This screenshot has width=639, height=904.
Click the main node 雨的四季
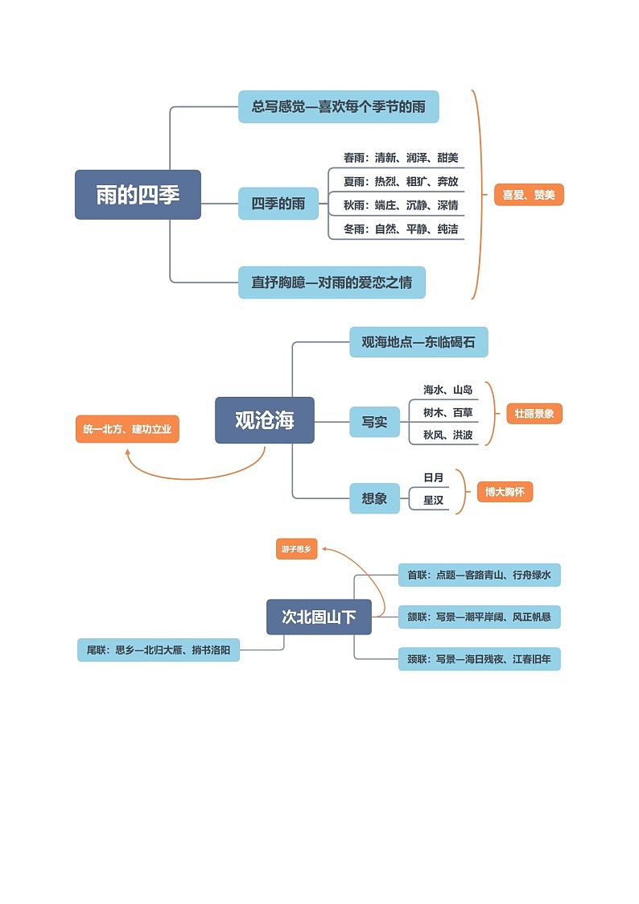(138, 195)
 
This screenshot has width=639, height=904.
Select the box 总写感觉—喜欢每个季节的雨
(338, 107)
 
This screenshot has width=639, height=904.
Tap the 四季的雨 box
(278, 204)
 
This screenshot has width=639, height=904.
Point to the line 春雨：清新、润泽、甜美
(400, 158)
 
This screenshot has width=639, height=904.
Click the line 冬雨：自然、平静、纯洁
(400, 229)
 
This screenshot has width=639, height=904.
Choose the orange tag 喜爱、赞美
(528, 195)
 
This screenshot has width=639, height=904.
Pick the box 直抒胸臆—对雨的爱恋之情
(332, 283)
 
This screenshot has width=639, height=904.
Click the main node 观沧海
(264, 420)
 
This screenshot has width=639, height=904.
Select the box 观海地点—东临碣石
(418, 342)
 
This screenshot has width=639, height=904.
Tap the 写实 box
(374, 422)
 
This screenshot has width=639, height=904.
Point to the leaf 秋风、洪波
(447, 435)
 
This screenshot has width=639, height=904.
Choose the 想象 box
(374, 498)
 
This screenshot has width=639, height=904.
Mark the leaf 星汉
(433, 501)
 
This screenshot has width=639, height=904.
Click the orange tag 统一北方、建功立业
(127, 430)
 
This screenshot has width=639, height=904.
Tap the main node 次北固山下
(319, 617)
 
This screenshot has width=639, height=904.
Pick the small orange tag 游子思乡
(296, 550)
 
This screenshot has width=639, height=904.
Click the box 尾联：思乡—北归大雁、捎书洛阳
(159, 650)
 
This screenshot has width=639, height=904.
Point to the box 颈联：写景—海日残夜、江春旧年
(479, 659)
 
